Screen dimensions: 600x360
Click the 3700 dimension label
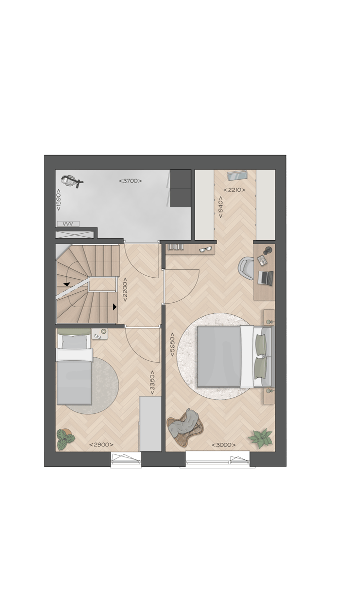(x=130, y=181)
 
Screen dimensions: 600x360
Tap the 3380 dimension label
(x=152, y=382)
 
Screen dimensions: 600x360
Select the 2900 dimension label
(x=101, y=445)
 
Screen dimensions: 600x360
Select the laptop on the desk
(x=265, y=278)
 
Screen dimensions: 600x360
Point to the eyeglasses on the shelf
(x=205, y=249)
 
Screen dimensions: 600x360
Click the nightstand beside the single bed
(x=99, y=334)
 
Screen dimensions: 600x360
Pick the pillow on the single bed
(x=73, y=343)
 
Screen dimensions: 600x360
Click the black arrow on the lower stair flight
(x=114, y=307)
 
